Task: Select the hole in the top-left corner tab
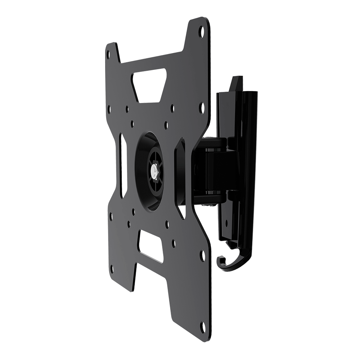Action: coord(108,54)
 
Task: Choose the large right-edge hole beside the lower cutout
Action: coord(202,256)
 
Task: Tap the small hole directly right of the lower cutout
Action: coord(174,244)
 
